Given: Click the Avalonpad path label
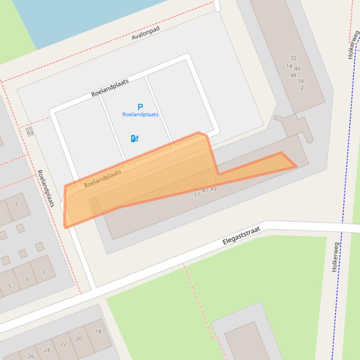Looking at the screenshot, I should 146,33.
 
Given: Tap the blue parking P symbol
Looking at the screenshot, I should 140,107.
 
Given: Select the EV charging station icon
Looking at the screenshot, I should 134,138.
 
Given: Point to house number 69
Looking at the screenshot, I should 30,133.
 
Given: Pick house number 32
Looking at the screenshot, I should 293,58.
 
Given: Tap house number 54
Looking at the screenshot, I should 301,81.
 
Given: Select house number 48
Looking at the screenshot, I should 293,75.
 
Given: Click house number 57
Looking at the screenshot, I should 197,194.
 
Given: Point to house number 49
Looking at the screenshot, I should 213,189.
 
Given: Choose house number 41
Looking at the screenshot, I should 205,190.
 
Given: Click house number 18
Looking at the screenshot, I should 98,331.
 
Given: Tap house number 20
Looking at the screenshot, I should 79,338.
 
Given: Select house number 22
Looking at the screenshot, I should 64,344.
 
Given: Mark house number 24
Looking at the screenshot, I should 47,350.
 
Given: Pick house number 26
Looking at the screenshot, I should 31,356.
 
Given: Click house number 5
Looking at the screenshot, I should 9,286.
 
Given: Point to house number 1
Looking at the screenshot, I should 44,273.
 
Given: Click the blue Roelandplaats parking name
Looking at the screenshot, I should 140,115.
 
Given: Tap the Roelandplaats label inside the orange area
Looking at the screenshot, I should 103,178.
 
